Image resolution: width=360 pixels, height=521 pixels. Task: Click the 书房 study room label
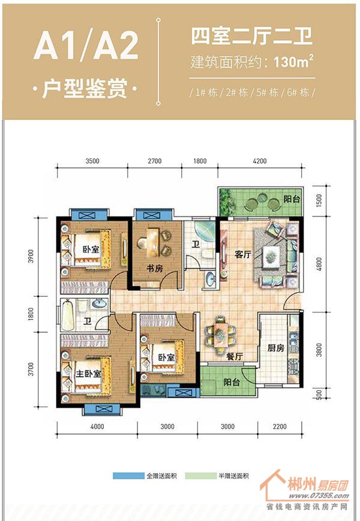coord(155,268)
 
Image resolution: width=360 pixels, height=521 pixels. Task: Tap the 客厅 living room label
coord(243,255)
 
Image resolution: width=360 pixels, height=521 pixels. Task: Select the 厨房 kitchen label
coord(276,348)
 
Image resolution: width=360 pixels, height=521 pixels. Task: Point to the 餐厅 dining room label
coord(235,357)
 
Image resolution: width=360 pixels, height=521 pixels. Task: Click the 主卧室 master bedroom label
coord(88,374)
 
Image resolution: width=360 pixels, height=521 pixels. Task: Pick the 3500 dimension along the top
coord(92,161)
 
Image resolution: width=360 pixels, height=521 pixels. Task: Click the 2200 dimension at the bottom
coord(280,427)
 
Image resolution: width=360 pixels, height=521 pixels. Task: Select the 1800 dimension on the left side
coord(31,313)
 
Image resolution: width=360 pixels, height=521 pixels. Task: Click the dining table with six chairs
coord(220,334)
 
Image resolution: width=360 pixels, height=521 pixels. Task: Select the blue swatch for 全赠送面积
coord(128,476)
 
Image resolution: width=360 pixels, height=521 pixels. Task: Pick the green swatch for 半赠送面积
coord(200,476)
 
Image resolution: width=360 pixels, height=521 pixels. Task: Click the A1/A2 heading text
coord(86,46)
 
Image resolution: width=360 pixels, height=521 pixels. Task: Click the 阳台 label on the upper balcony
coord(292,199)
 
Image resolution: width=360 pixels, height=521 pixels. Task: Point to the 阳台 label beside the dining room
coord(232,382)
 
